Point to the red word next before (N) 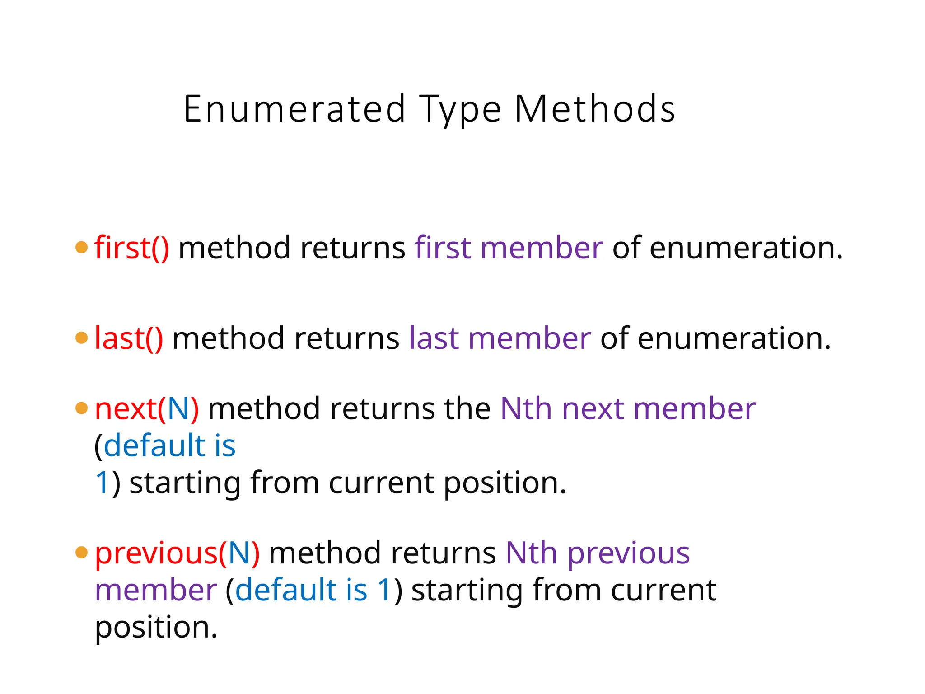[126, 409]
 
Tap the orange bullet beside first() [81, 248]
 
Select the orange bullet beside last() [81, 338]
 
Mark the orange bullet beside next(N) [81, 408]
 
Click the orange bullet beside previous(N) [81, 552]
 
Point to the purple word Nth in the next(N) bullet [526, 408]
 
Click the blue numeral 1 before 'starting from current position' [102, 483]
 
